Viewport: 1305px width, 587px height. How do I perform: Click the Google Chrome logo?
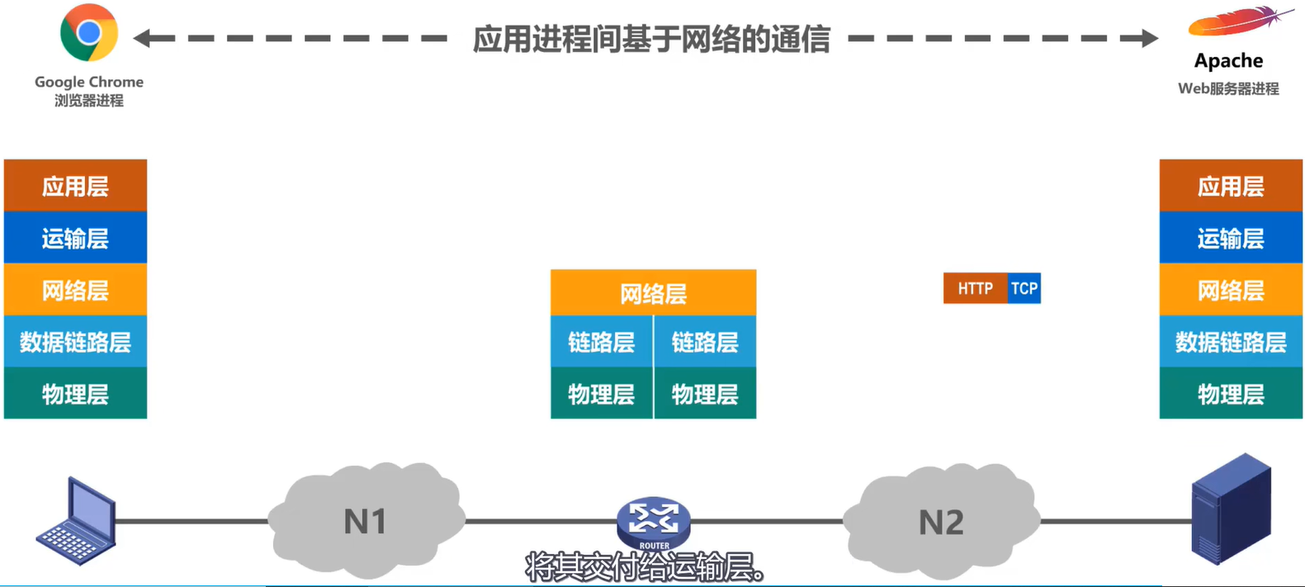pos(88,33)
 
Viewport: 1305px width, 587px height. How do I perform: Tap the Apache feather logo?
pos(1237,22)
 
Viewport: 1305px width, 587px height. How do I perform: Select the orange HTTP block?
pos(975,288)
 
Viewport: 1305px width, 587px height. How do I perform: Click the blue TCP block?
pos(1024,288)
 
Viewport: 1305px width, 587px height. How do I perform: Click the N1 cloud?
pos(365,521)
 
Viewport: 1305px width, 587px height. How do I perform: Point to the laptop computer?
pos(76,522)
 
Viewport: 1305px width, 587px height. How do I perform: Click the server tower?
pos(1231,508)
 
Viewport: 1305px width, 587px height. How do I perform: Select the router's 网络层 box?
pos(653,293)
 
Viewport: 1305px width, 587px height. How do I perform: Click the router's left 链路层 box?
pos(601,342)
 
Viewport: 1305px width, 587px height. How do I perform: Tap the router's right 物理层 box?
pos(705,394)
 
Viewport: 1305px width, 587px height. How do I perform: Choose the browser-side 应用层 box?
pos(75,186)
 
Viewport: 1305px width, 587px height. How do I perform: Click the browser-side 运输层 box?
pos(75,238)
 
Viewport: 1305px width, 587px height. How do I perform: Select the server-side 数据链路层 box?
pos(1230,342)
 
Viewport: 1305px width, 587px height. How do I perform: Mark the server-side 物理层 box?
pos(1230,394)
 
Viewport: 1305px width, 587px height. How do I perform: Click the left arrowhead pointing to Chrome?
pos(142,38)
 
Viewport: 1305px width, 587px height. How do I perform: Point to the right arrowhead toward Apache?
pos(1149,38)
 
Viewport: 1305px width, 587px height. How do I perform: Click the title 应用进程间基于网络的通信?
pos(651,39)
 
